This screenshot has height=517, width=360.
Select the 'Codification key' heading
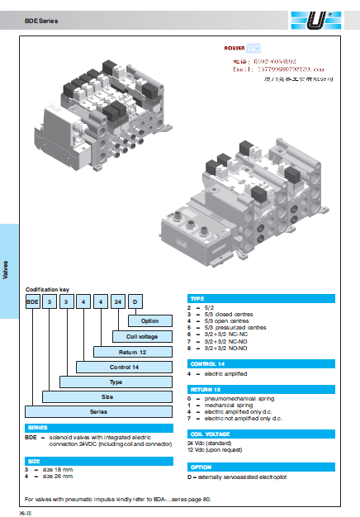[46, 289]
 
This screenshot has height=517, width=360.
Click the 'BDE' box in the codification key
[34, 301]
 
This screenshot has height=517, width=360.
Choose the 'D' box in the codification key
[136, 301]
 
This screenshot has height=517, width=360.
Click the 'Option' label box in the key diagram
[149, 320]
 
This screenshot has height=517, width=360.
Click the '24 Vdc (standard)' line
[215, 443]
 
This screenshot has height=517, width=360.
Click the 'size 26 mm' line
[56, 476]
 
